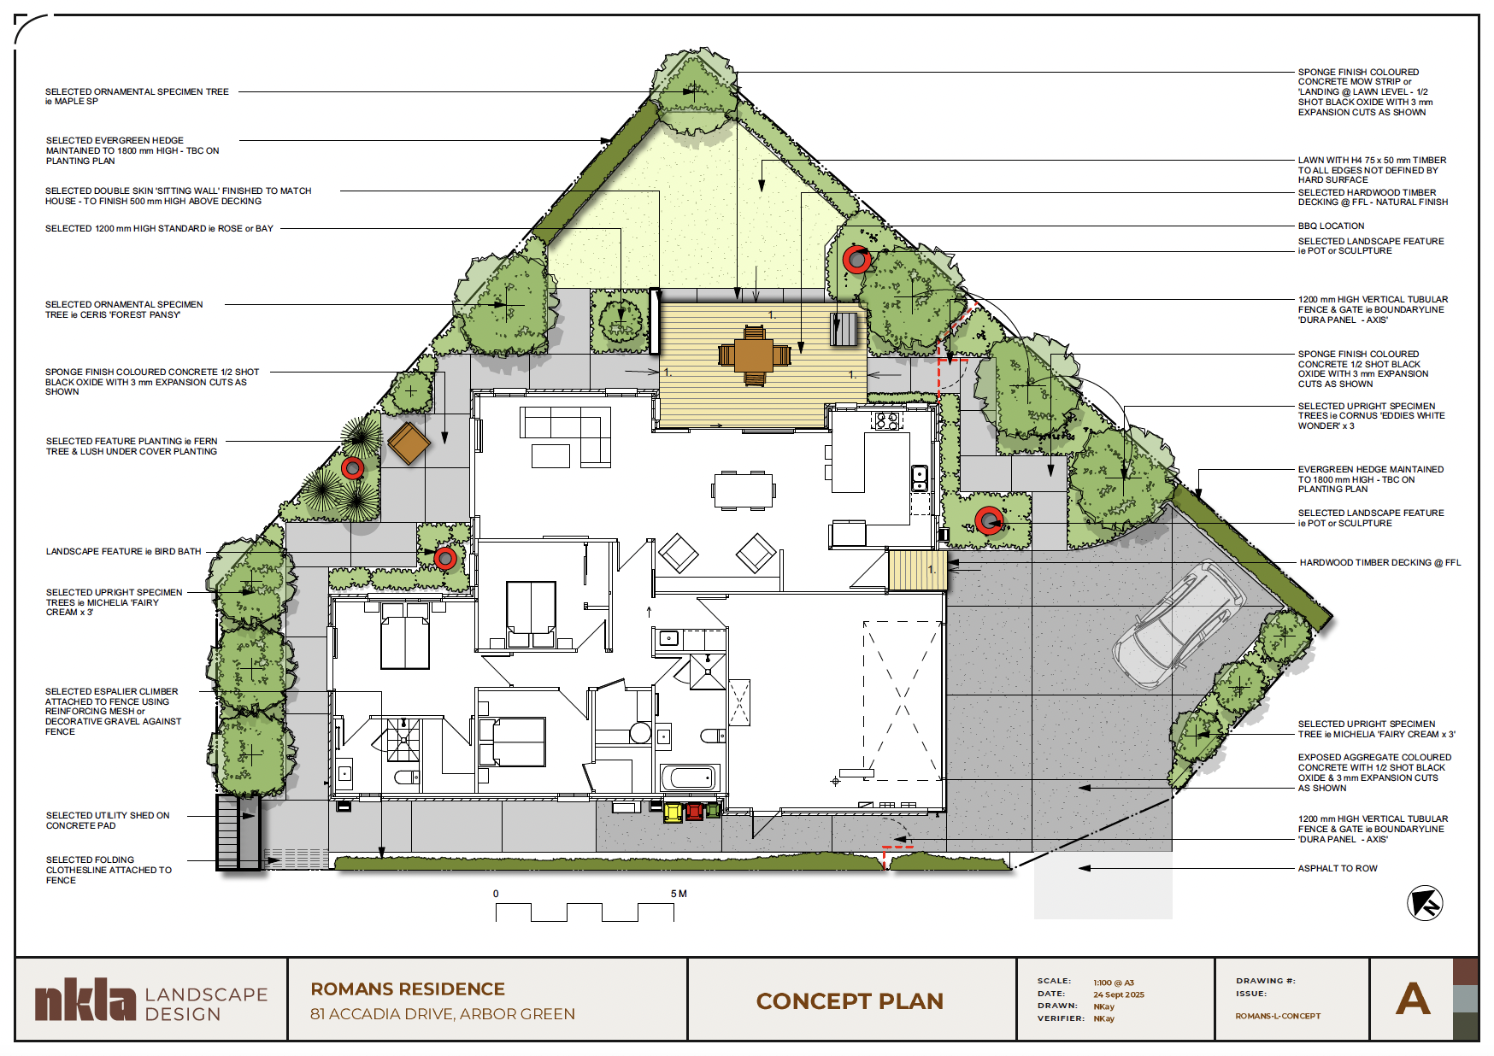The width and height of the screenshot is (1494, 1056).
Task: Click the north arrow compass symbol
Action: point(1425,903)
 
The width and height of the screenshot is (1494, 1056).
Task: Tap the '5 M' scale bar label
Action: point(679,894)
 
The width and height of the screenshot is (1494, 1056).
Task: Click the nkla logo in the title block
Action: point(85,1000)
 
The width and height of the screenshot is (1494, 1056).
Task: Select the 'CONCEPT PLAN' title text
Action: point(850,1001)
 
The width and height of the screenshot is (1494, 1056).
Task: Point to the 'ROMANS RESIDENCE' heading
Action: point(408,989)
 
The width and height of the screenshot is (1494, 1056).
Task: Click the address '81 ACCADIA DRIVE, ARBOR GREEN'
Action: point(443,1014)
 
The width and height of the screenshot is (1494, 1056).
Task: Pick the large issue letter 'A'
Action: point(1413,999)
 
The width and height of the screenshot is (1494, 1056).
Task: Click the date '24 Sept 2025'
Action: point(1119,994)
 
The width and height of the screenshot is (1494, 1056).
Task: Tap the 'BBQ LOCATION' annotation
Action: point(1331,226)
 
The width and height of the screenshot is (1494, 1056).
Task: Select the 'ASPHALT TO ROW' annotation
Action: point(1338,869)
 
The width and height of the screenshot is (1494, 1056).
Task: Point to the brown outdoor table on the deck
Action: point(754,355)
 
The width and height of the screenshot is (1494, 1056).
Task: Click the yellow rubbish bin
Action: point(673,812)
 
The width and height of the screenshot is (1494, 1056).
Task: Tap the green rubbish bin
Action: point(713,809)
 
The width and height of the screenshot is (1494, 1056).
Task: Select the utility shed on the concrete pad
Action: point(238,832)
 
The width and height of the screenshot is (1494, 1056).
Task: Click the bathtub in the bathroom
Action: point(689,777)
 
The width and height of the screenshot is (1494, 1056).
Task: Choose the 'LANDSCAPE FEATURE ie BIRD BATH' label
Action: point(124,552)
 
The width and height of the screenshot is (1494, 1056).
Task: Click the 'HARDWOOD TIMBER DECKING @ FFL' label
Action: point(1380,563)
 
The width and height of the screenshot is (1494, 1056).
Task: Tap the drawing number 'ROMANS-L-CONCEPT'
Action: point(1278,1017)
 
